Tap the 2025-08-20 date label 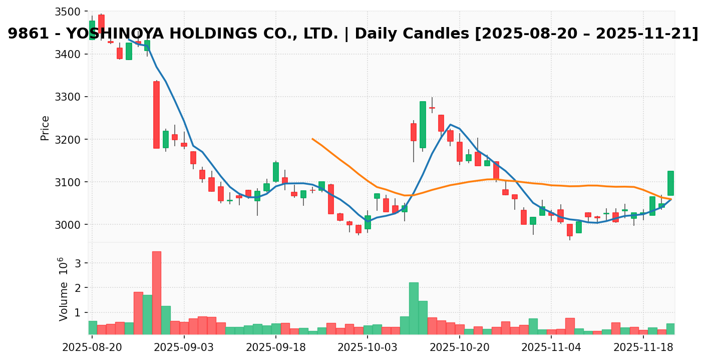pos(92,347)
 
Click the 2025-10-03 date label pos(368,347)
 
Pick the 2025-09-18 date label pos(275,347)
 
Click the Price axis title pos(45,128)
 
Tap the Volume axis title pos(64,295)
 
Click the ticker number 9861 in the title pos(27,34)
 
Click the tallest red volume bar pos(156,292)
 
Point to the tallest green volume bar pos(414,308)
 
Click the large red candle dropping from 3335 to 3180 pos(156,115)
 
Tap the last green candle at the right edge pos(670,183)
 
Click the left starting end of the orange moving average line pos(312,139)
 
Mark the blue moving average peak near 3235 pos(450,125)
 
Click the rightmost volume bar pos(670,328)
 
